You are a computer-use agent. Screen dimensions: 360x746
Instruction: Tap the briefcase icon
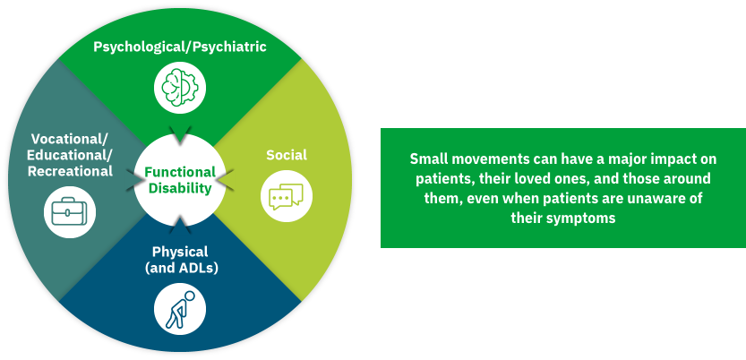69,212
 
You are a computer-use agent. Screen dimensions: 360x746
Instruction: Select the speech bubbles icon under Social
287,194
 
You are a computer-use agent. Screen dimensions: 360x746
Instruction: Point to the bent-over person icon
180,306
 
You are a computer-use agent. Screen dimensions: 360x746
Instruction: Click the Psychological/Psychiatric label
180,47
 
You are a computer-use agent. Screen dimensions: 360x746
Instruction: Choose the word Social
287,155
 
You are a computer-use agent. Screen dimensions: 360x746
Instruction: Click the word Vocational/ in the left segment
69,139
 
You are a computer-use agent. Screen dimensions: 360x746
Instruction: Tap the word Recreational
70,171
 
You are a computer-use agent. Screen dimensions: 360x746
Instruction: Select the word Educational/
70,155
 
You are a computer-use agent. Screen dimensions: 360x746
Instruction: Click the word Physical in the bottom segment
180,252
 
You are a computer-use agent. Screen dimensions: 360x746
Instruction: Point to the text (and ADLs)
180,267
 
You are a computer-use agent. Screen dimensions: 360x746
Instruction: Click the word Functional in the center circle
180,172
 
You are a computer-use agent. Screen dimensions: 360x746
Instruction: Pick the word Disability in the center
180,188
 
